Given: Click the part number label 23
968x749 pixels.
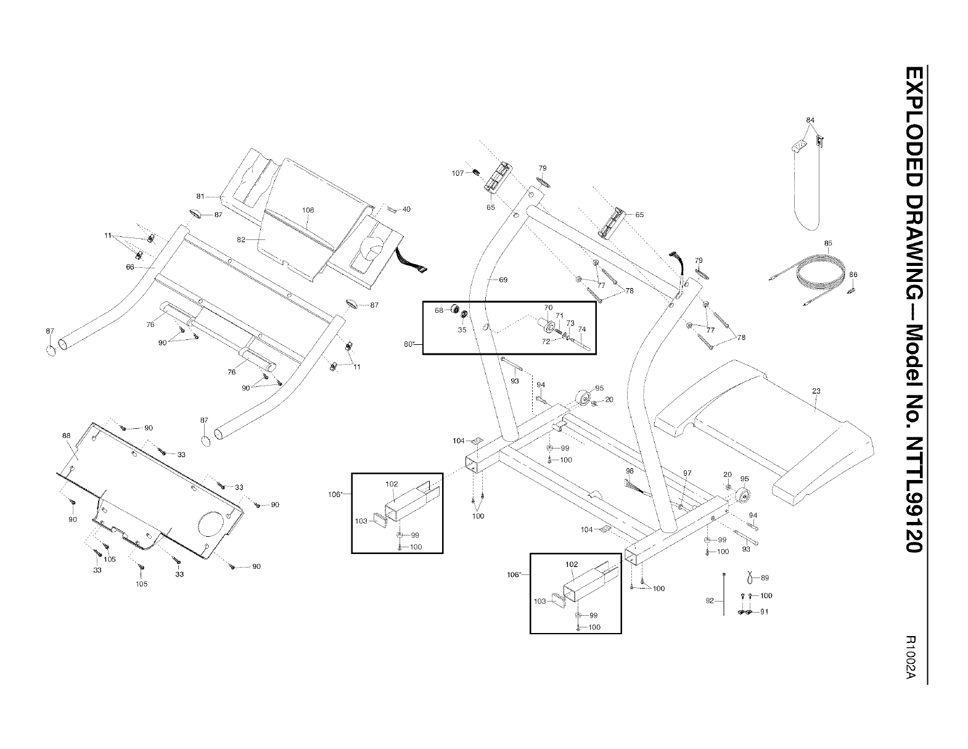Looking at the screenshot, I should pyautogui.click(x=816, y=391).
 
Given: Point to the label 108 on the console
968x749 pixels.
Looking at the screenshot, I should pyautogui.click(x=308, y=210).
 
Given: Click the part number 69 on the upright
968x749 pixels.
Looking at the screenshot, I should pyautogui.click(x=503, y=280).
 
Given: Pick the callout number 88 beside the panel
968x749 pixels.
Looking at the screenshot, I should pyautogui.click(x=67, y=435).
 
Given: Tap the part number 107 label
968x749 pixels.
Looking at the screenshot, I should pyautogui.click(x=457, y=173).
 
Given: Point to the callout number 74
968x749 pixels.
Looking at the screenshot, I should pyautogui.click(x=581, y=328).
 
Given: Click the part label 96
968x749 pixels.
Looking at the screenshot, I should pyautogui.click(x=630, y=471).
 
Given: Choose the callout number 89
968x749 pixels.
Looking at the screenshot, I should pyautogui.click(x=765, y=578).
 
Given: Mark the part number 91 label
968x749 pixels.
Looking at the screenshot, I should pyautogui.click(x=765, y=612).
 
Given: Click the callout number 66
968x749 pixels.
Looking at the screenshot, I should pyautogui.click(x=129, y=267).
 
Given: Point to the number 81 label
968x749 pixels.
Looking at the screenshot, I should pyautogui.click(x=200, y=196).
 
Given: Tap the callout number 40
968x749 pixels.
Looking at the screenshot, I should pyautogui.click(x=406, y=209).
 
